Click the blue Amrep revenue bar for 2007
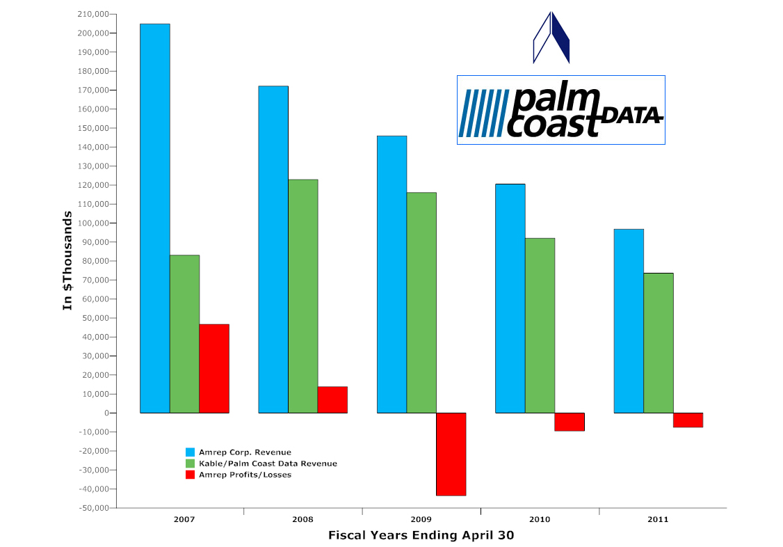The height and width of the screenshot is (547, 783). tap(155, 219)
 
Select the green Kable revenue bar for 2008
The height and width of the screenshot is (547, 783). tap(303, 296)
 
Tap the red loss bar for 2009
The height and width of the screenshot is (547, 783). tap(451, 454)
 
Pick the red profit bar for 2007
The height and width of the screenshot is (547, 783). tap(214, 369)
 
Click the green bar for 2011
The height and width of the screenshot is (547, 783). tap(659, 343)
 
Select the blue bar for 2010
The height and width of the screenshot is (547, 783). tap(510, 299)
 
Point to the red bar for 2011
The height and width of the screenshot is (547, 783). tap(688, 420)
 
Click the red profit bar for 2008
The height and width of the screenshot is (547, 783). tap(332, 399)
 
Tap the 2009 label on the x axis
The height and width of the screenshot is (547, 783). tap(421, 520)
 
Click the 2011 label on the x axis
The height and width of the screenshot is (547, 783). tap(658, 520)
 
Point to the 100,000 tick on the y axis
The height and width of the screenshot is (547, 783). tap(93, 223)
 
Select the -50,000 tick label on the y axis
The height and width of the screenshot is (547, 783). tap(93, 507)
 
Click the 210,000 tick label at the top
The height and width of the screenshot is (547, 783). tap(93, 14)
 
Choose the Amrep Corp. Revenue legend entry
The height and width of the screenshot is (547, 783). tap(239, 452)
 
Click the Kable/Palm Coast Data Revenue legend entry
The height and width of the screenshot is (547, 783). tap(261, 463)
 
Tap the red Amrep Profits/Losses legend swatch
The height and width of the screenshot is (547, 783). tap(190, 475)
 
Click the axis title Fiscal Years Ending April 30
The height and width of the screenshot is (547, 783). tap(421, 535)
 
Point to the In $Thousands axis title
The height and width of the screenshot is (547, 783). tap(67, 260)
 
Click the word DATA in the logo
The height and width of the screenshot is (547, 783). tap(631, 116)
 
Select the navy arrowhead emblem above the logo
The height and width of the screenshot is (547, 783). tap(551, 38)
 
